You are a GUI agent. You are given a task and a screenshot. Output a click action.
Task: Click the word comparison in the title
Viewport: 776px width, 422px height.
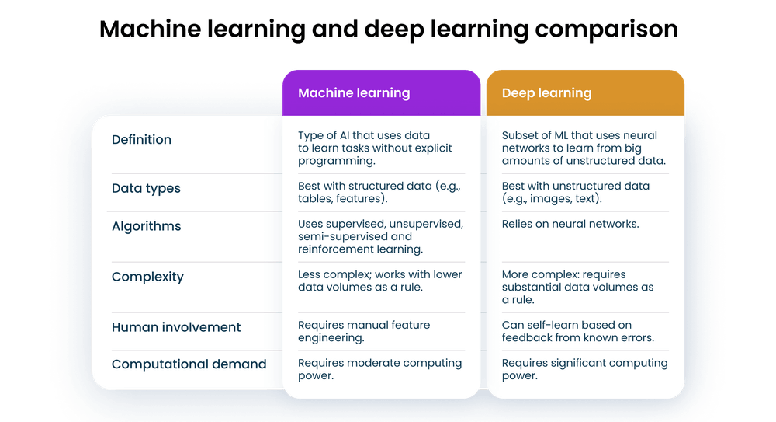(x=606, y=29)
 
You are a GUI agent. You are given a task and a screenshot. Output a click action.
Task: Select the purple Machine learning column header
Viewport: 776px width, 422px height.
(x=382, y=92)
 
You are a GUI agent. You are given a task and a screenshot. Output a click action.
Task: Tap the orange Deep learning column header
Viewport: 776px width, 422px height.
(x=585, y=92)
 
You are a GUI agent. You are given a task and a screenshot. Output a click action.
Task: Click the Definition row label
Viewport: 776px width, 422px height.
(x=141, y=139)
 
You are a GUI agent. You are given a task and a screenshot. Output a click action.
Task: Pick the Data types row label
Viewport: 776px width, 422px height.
(x=146, y=188)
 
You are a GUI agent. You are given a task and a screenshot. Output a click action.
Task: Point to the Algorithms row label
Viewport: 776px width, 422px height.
(x=147, y=226)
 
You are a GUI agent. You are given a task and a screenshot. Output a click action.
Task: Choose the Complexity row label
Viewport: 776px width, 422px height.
(x=147, y=277)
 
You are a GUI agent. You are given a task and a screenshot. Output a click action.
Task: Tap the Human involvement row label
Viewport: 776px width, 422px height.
(x=176, y=327)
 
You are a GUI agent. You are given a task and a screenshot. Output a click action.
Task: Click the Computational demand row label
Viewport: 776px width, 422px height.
(x=189, y=364)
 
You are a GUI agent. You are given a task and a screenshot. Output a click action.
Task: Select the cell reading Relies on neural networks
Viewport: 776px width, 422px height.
(x=570, y=224)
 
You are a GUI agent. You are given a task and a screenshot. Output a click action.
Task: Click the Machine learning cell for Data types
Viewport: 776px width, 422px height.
(x=379, y=192)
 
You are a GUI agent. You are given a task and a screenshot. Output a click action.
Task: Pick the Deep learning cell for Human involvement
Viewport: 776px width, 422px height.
(x=578, y=331)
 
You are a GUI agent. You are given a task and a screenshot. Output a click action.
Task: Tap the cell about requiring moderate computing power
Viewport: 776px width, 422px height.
(x=379, y=369)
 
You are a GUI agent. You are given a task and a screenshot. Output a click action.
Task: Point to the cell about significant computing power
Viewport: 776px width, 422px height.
(x=585, y=369)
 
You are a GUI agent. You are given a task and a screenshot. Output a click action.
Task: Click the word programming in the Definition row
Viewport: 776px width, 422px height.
(x=337, y=161)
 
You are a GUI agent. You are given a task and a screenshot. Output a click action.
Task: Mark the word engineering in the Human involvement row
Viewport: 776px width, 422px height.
(x=331, y=338)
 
